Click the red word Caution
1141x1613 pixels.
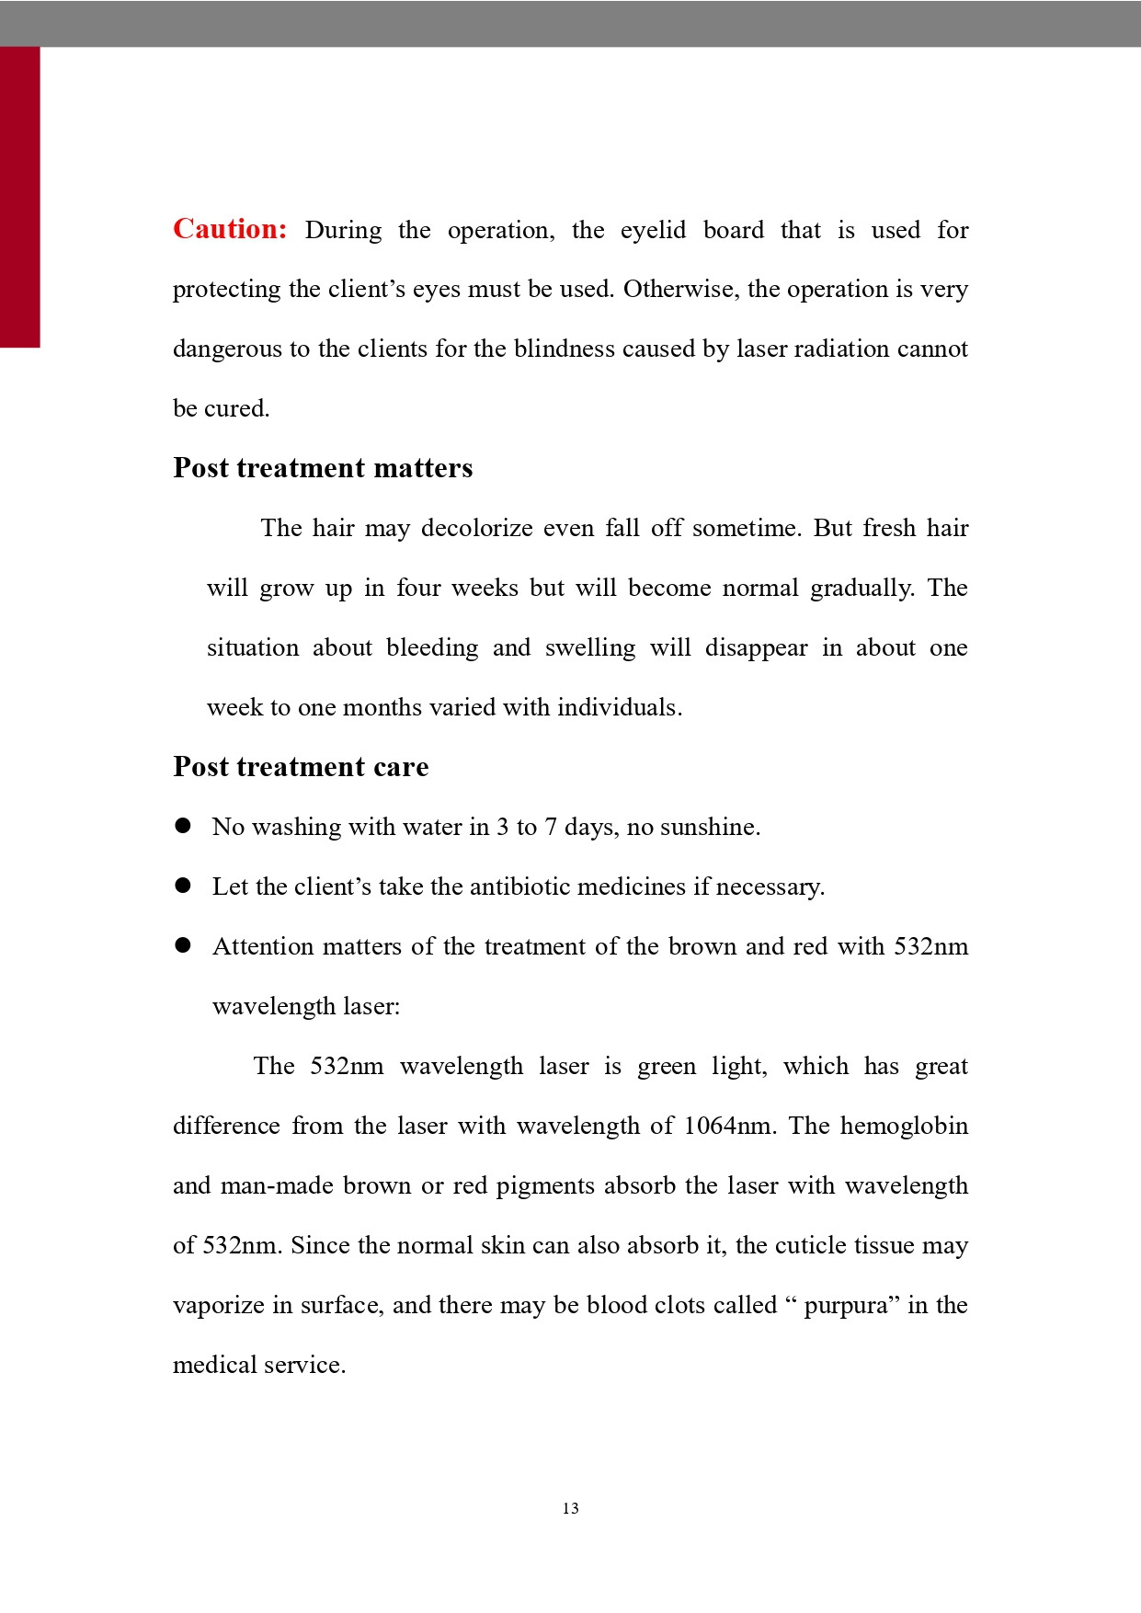[x=230, y=229]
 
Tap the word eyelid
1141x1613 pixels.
[x=653, y=230]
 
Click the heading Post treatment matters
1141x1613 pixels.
[x=323, y=468]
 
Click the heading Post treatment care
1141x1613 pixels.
[x=301, y=767]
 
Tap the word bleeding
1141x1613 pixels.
[x=432, y=648]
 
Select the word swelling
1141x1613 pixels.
[x=589, y=648]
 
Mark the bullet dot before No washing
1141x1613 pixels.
[x=183, y=826]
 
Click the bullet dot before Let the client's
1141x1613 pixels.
[x=183, y=886]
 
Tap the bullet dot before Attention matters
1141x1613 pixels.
[x=183, y=945]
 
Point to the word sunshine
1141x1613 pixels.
[x=709, y=827]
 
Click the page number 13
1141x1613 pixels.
[x=570, y=1508]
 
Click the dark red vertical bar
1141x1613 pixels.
[x=19, y=197]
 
